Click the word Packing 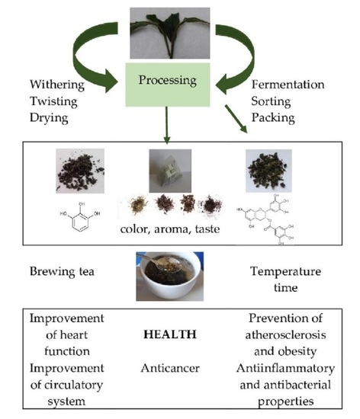coord(274,120)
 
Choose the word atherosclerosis coord(284,334)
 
